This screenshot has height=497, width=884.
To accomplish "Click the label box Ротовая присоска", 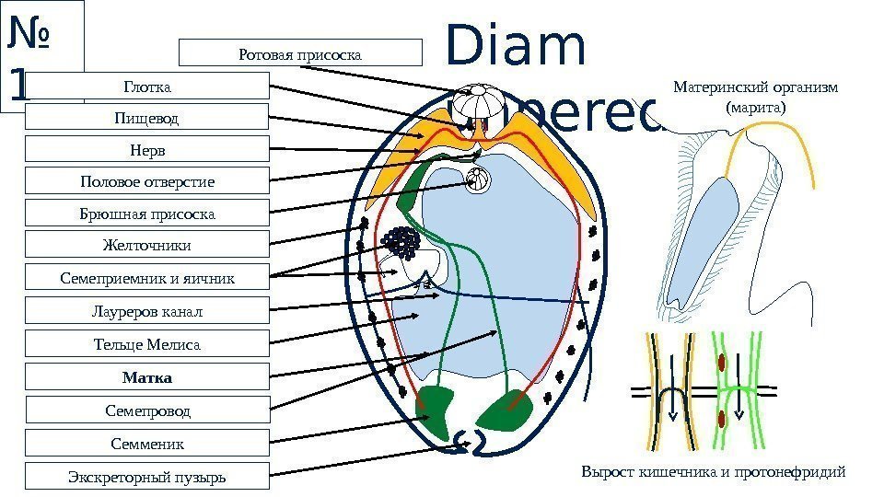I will [x=300, y=53].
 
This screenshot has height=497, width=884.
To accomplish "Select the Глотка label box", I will [x=147, y=87].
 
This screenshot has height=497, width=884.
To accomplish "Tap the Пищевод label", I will [x=147, y=118].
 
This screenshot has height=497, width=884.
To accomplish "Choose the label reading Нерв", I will [x=147, y=150].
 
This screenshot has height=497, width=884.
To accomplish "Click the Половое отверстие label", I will [x=147, y=181].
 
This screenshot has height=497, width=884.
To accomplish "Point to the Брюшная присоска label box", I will [x=147, y=214].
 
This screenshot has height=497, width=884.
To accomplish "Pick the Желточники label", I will [x=147, y=245].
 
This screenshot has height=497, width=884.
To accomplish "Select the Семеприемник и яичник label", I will [x=147, y=277].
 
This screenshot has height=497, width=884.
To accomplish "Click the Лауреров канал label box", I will [x=147, y=311].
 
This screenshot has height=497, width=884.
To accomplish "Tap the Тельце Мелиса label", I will [x=147, y=344].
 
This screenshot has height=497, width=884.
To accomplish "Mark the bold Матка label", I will [x=147, y=377].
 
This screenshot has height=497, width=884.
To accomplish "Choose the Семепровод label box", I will [x=147, y=410].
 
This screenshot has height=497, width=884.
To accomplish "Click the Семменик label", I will [x=147, y=444].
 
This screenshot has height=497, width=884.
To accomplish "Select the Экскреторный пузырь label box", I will [x=147, y=477].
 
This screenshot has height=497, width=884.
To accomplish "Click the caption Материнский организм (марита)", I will [x=756, y=98].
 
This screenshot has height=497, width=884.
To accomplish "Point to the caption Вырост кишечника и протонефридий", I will [x=713, y=472].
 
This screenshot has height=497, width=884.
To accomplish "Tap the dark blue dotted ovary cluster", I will [x=401, y=243].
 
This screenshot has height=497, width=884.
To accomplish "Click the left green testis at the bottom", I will [x=436, y=406].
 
